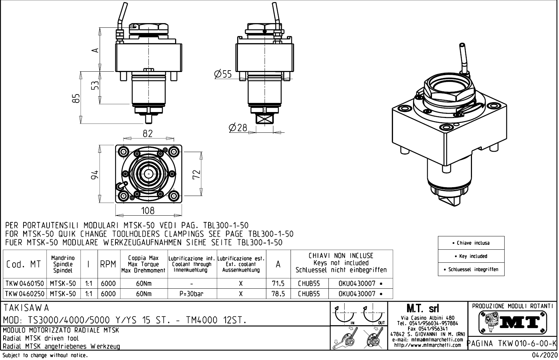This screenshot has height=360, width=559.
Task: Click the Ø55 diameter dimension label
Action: pos(223,74)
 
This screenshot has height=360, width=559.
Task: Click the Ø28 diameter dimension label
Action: pos(238,128)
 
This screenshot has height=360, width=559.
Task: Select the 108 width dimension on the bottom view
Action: pos(147,210)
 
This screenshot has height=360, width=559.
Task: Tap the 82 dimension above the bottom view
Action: pos(147,134)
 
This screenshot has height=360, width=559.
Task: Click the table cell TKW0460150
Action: pos(25,283)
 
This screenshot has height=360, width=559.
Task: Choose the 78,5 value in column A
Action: pos(278,294)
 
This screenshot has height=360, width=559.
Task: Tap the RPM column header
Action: pos(108,264)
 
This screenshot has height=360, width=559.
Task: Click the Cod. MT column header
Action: pos(24,264)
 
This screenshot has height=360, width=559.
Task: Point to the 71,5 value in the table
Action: pos(278,283)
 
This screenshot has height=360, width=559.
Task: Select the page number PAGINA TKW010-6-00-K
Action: pos(513,343)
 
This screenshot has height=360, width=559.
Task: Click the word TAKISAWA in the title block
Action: pos(26,308)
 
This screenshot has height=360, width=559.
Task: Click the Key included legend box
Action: pos(471,256)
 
